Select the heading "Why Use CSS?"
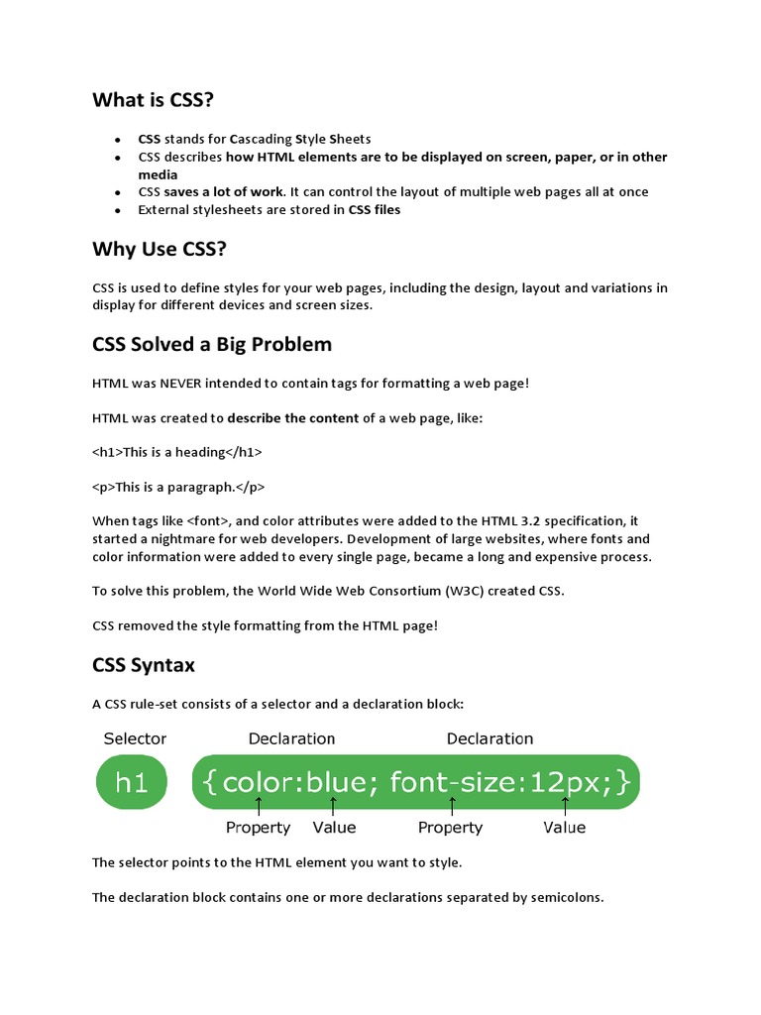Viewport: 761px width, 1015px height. click(x=160, y=248)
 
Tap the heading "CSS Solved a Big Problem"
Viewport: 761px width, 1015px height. click(x=212, y=345)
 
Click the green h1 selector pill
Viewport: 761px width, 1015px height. click(x=132, y=782)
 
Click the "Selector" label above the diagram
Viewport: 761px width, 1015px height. click(x=135, y=738)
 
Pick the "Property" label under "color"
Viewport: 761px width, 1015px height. click(x=258, y=828)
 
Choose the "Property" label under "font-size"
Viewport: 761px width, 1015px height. click(x=450, y=828)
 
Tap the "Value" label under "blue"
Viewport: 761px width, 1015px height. click(x=334, y=828)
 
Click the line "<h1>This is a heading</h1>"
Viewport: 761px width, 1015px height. click(x=177, y=452)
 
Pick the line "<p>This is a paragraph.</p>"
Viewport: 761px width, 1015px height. click(x=178, y=487)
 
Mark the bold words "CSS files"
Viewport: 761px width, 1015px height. click(x=375, y=210)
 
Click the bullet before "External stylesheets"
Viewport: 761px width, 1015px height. click(x=118, y=211)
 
